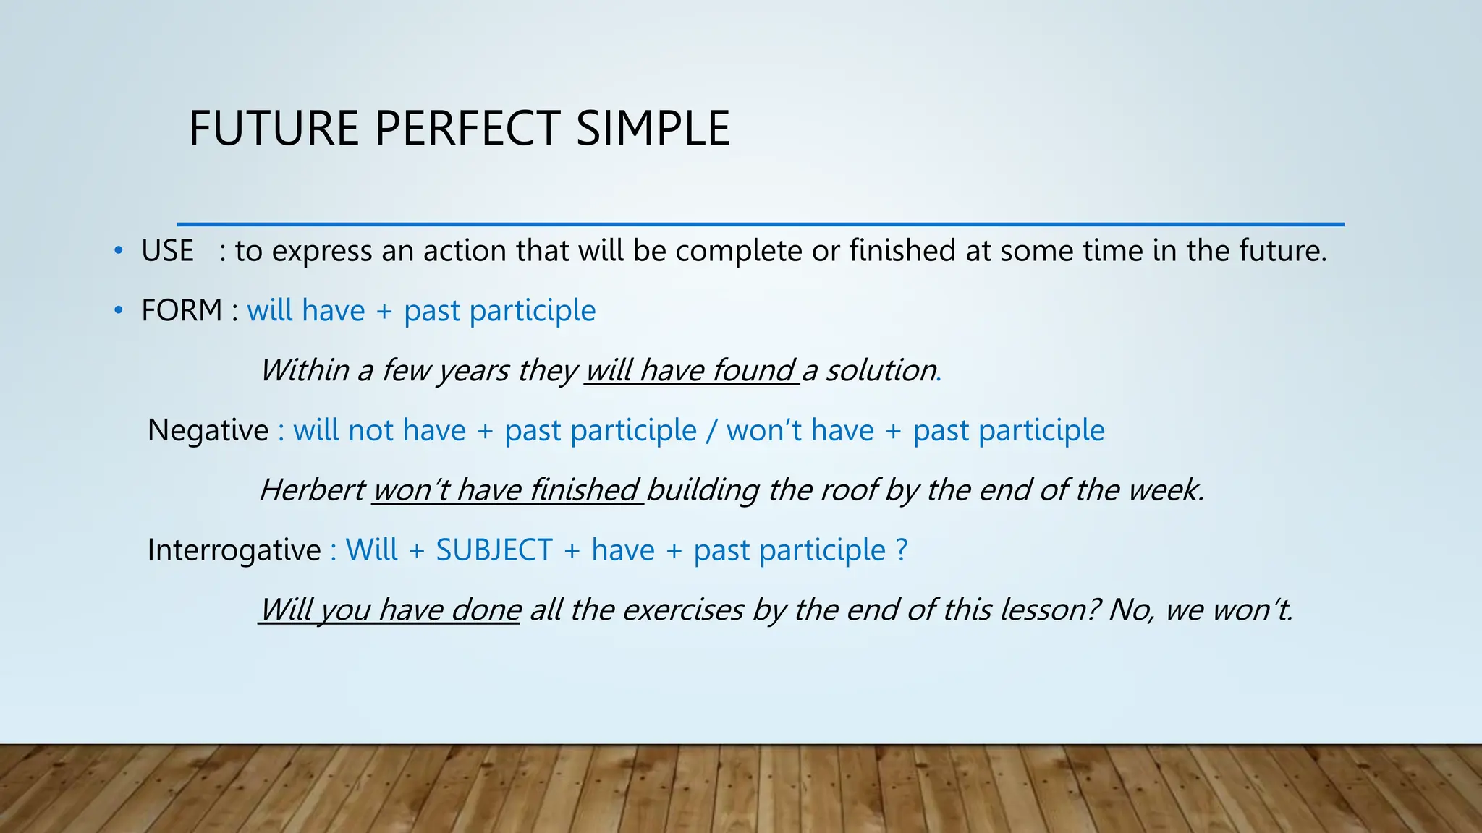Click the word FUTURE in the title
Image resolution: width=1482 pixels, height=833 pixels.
point(274,129)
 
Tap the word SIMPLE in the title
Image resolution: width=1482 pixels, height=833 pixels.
point(653,129)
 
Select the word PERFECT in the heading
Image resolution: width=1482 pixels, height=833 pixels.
point(467,129)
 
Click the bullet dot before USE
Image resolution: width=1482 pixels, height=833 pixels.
point(118,252)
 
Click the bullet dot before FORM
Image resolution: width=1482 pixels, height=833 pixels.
point(118,311)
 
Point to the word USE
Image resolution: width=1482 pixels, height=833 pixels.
point(167,251)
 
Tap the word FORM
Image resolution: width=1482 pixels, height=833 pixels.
point(182,310)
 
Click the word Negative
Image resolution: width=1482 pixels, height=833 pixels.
point(208,430)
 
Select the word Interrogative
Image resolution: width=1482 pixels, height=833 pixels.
point(234,550)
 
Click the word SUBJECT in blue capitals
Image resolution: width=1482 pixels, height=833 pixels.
point(494,550)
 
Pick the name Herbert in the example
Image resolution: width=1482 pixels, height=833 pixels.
point(313,490)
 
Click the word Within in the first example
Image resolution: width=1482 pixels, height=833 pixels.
point(305,370)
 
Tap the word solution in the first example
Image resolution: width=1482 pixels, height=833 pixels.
point(881,370)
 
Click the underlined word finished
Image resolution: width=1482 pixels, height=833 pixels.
point(584,490)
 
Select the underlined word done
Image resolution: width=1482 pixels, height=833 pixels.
point(486,610)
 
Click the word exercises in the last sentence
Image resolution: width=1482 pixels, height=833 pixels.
point(682,610)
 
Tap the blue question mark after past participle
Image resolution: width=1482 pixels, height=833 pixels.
point(901,550)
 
